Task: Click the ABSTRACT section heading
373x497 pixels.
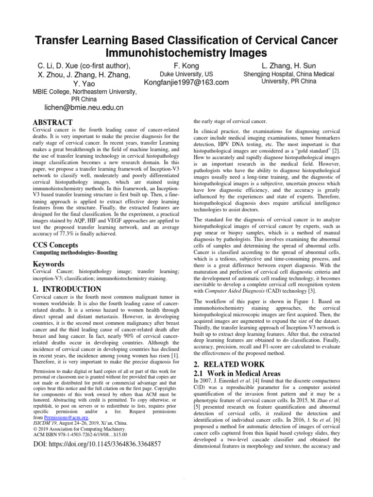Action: coord(52,122)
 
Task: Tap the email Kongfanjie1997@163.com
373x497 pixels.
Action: coord(179,83)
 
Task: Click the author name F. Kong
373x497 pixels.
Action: coord(179,66)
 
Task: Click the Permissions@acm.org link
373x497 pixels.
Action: coord(66,417)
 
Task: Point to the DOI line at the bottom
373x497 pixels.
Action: coord(97,443)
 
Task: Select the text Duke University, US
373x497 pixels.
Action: coord(179,74)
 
